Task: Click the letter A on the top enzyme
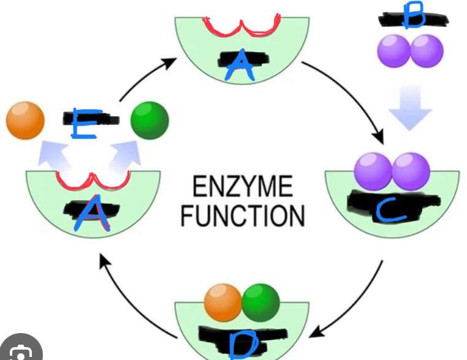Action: [x=240, y=66]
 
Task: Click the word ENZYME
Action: [x=243, y=186]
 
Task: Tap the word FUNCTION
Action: [x=243, y=216]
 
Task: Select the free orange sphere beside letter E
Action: [x=25, y=120]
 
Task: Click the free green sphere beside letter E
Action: [x=150, y=120]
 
